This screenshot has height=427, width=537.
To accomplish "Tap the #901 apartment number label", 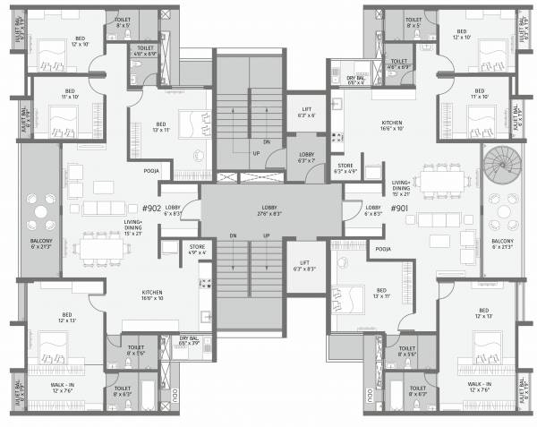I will (399, 208).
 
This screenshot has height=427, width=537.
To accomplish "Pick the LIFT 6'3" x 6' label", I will (305, 111).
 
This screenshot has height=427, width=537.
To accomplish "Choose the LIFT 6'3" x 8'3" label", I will (305, 266).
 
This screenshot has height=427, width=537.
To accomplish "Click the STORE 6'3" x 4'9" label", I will (345, 167).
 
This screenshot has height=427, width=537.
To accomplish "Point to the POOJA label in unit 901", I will (384, 249).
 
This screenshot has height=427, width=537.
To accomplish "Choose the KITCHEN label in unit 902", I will (151, 295).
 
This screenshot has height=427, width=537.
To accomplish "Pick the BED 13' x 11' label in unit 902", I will (160, 127).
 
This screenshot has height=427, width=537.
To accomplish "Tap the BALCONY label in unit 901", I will (502, 244).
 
